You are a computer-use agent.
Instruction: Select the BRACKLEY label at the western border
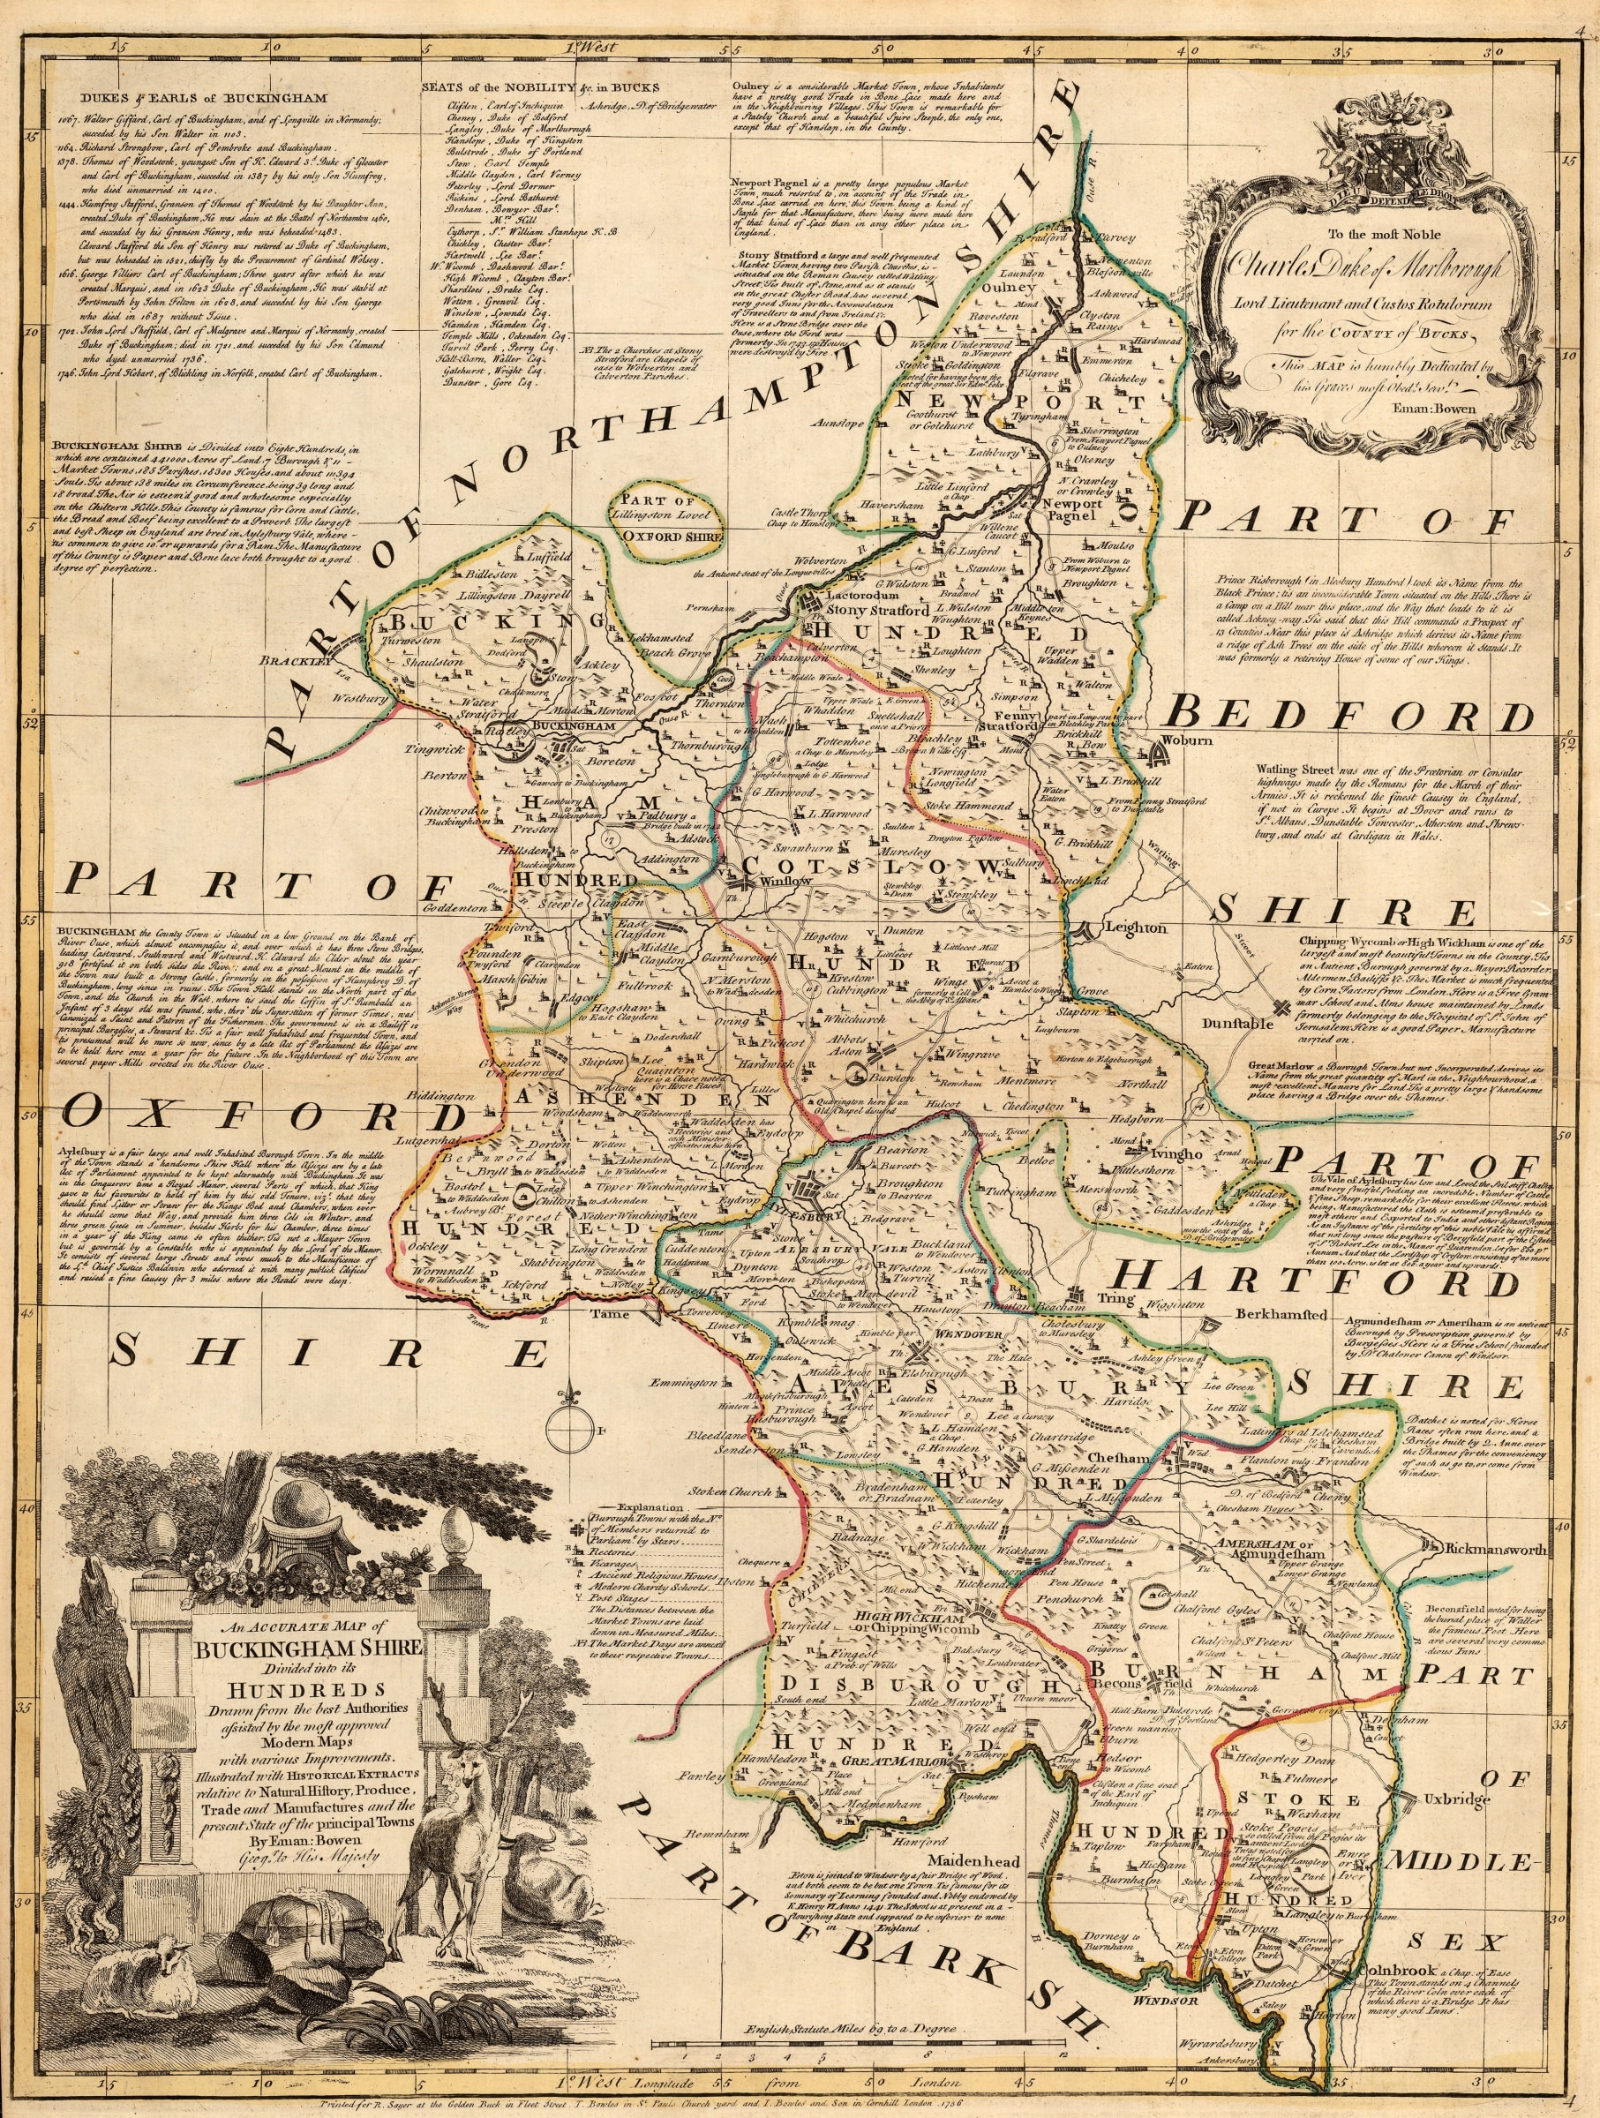(x=296, y=662)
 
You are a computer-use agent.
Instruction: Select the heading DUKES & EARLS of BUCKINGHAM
(x=204, y=98)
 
